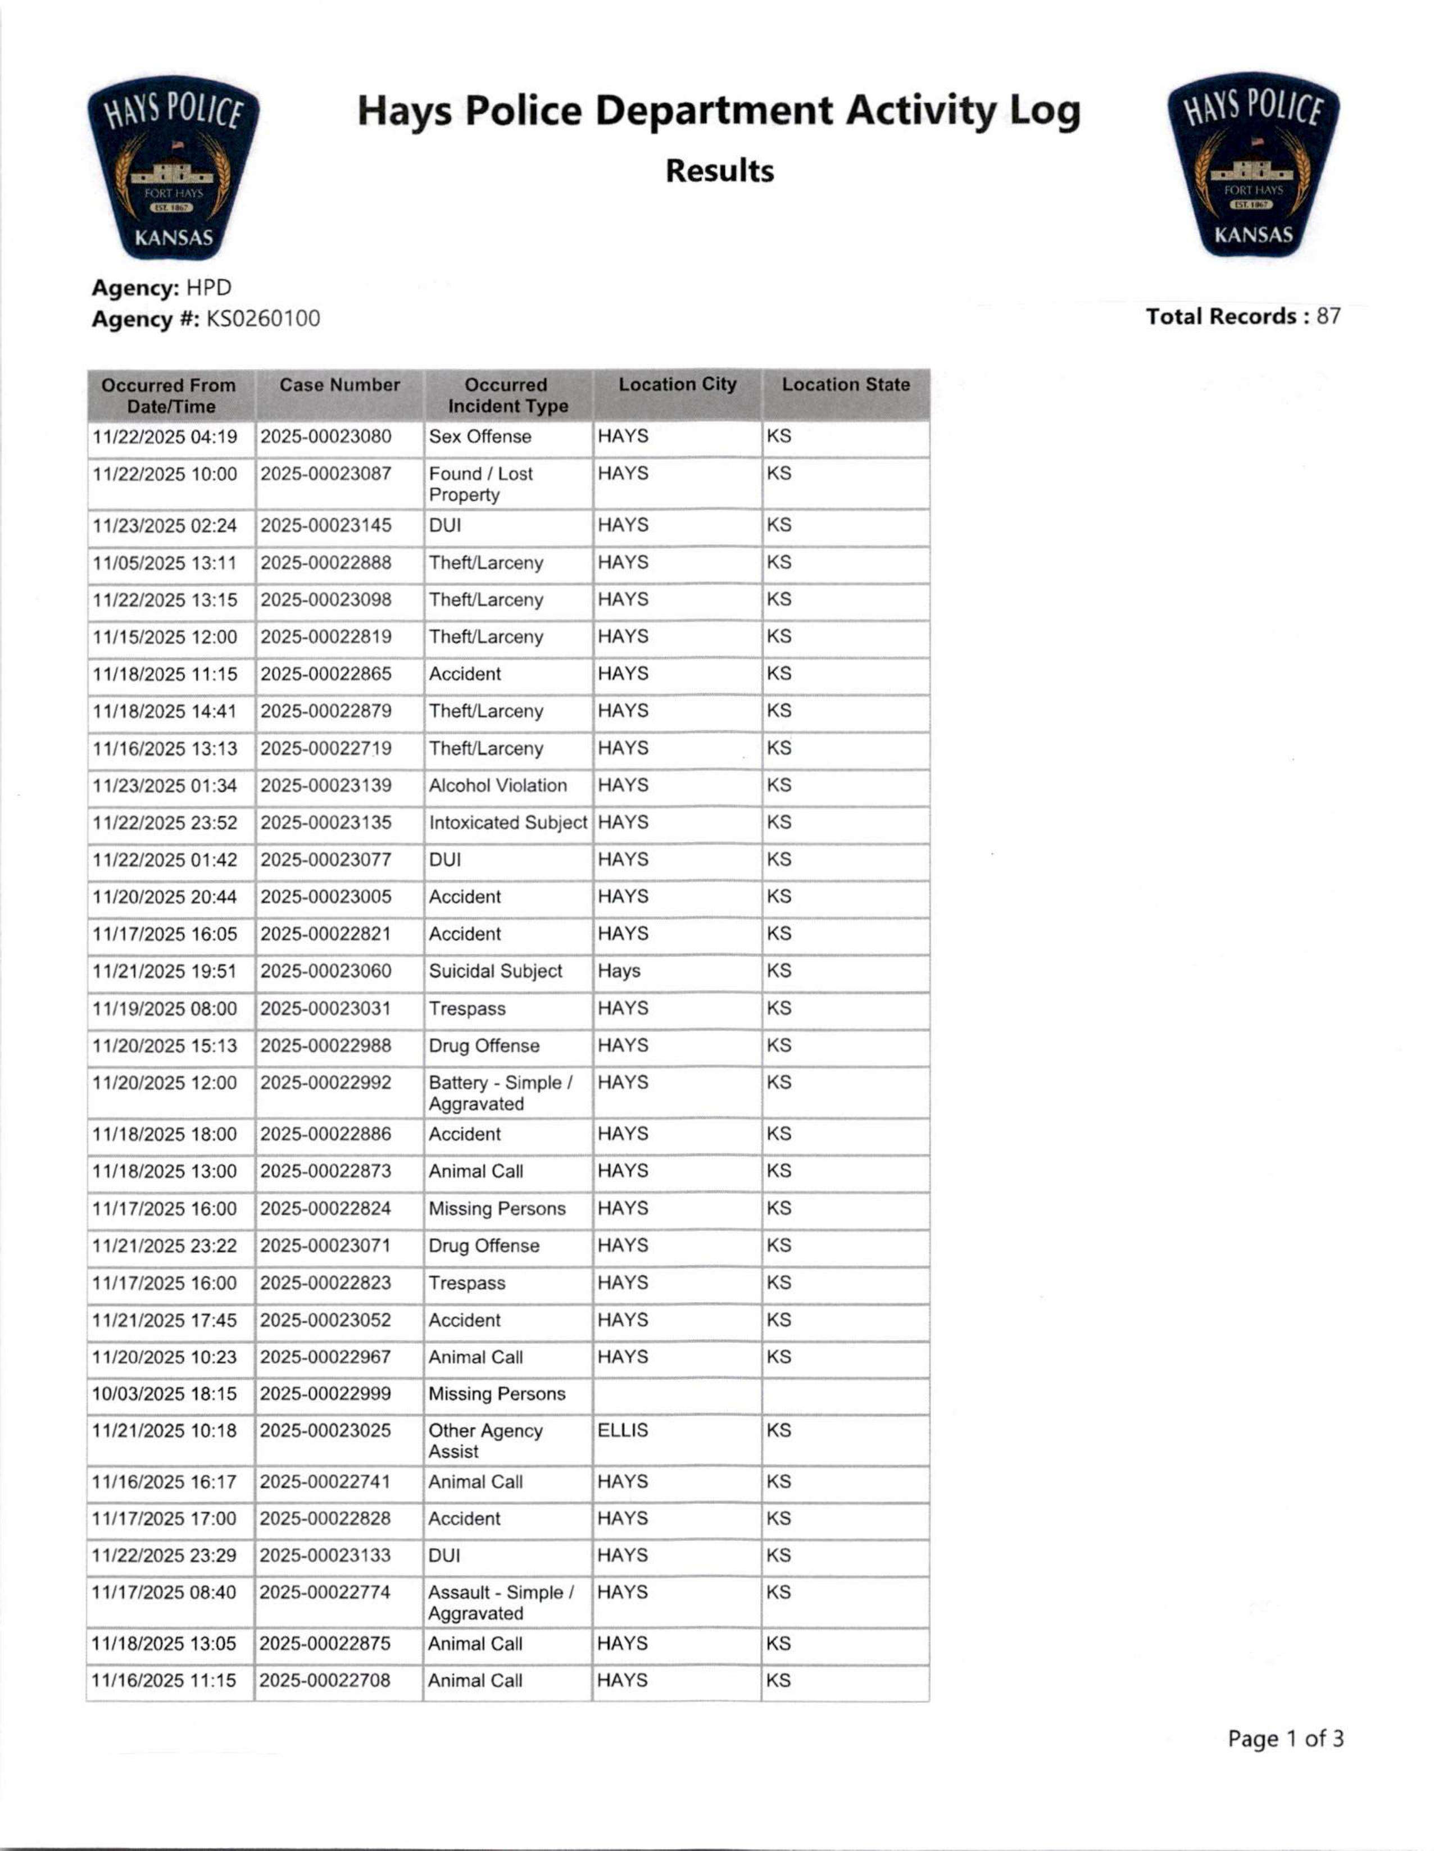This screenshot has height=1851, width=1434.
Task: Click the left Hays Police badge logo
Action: click(173, 168)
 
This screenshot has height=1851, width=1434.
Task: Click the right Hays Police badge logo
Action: click(1254, 165)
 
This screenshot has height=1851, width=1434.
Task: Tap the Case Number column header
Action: click(339, 385)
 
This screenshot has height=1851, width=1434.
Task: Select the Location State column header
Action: click(845, 385)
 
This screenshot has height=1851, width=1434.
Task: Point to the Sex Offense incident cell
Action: click(480, 436)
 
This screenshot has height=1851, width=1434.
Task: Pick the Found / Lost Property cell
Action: click(480, 484)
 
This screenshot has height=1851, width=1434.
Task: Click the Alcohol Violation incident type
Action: click(497, 786)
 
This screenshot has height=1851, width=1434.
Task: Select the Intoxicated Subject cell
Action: click(507, 823)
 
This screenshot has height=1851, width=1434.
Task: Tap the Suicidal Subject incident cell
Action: click(495, 971)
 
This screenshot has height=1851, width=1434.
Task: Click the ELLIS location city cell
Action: click(623, 1431)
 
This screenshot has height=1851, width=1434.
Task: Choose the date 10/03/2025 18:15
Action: click(165, 1394)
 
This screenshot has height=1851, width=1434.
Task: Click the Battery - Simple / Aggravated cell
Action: click(500, 1093)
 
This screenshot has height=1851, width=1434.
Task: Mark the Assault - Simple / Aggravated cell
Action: click(500, 1603)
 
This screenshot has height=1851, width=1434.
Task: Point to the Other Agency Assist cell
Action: click(485, 1441)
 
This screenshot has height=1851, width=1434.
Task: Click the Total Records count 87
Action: click(1328, 316)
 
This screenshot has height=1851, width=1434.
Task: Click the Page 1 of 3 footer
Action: click(1285, 1739)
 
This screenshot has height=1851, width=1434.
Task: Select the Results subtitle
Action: click(719, 171)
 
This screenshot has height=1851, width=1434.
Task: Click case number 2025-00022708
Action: click(325, 1681)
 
